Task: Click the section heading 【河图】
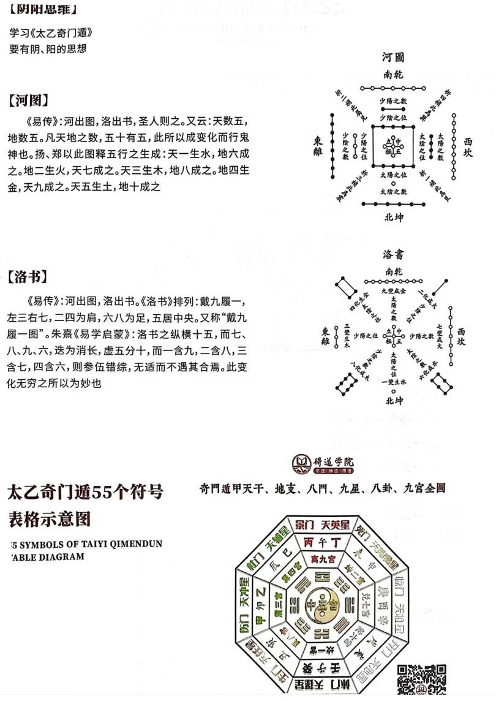point(29,100)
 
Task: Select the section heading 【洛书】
point(29,278)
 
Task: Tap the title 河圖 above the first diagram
point(393,58)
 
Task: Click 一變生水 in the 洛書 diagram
point(393,382)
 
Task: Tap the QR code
point(422,681)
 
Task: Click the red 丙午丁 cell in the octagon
point(323,543)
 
